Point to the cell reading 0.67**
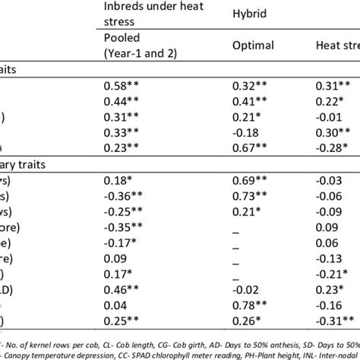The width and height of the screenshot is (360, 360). pos(248,147)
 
